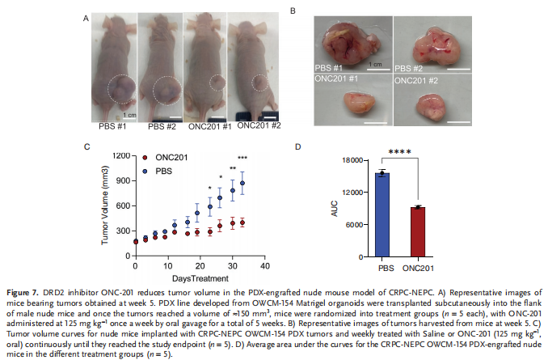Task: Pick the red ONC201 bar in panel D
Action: click(417, 235)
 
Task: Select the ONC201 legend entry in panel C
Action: click(166, 157)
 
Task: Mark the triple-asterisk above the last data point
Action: click(242, 158)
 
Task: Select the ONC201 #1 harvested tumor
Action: click(350, 104)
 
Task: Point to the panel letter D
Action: click(298, 147)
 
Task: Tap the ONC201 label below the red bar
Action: click(417, 266)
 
